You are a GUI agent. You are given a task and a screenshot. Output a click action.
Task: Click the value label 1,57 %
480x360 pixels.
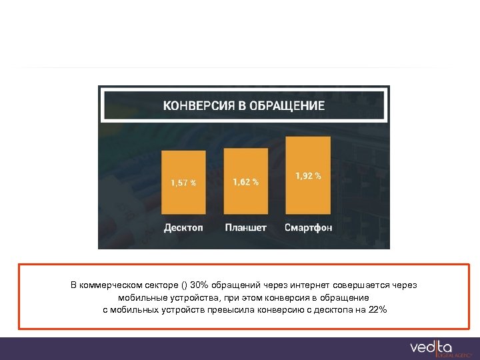pos(183,183)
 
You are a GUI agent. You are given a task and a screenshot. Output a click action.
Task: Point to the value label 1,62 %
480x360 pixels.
pos(245,181)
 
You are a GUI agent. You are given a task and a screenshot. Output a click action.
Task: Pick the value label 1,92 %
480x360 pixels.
pos(308,176)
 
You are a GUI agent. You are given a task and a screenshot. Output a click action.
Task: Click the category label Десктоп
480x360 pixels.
pos(183,227)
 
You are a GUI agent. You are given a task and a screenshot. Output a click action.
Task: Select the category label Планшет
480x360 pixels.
pos(245,227)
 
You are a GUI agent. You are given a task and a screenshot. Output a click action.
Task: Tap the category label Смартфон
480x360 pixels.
pos(308,227)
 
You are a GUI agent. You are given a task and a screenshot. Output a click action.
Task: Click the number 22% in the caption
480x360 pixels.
pos(377,310)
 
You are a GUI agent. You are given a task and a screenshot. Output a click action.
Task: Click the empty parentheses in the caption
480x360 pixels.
pos(184,285)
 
